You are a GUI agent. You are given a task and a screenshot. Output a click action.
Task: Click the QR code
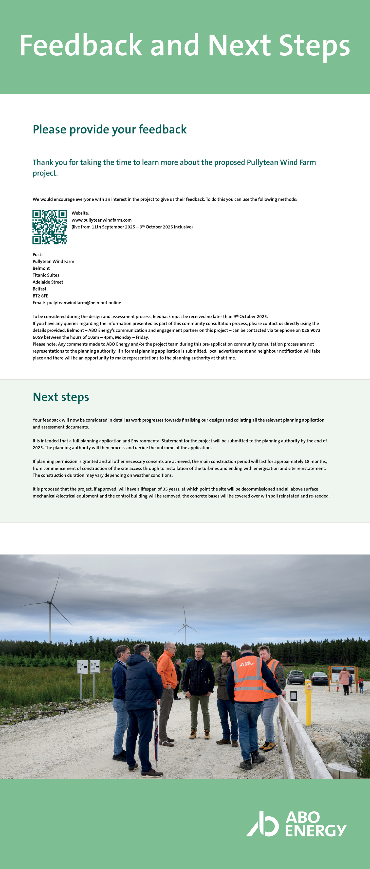click(49, 227)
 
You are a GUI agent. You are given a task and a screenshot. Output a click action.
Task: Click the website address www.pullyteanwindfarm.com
click(101, 220)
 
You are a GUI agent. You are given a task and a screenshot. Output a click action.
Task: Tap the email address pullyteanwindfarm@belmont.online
click(84, 303)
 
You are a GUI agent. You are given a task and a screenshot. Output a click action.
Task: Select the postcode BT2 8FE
click(40, 296)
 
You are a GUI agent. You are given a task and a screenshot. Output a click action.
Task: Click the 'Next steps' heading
click(61, 397)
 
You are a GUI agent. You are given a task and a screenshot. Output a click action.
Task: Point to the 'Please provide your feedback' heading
click(110, 129)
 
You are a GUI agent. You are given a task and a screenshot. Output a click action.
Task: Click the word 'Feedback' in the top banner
click(81, 46)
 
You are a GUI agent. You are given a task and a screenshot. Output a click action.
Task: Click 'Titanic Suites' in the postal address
click(46, 275)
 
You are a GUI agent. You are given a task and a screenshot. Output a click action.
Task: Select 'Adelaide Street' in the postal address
click(48, 282)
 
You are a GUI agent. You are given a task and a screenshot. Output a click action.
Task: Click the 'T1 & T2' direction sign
click(82, 667)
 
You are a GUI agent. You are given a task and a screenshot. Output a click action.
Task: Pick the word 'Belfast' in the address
click(39, 289)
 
